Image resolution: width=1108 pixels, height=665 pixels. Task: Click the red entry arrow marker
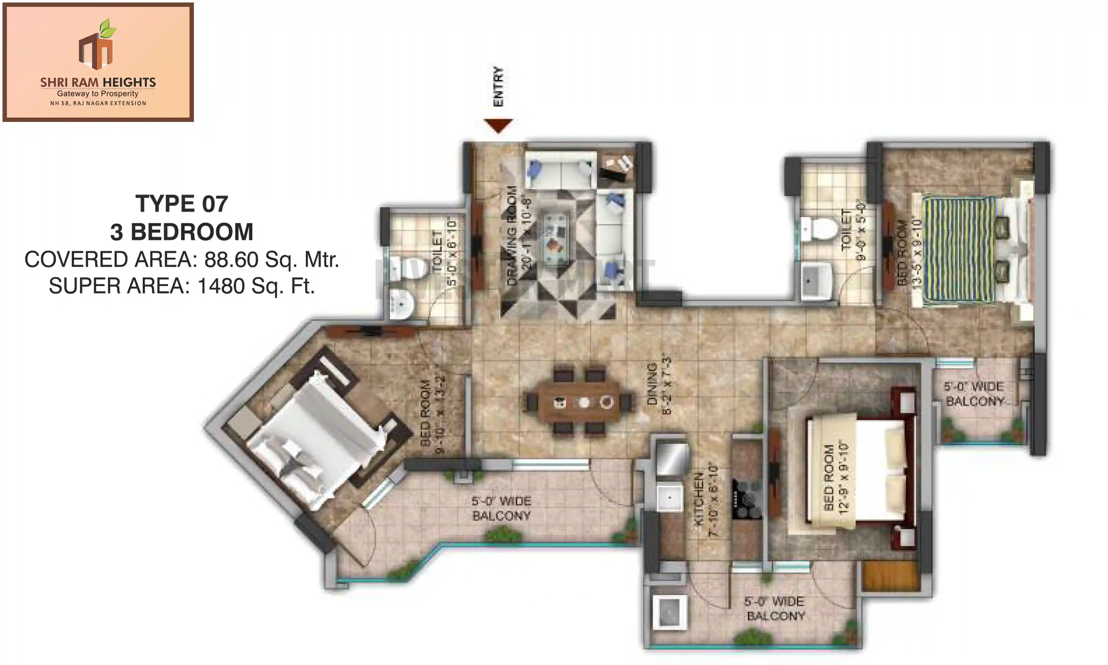[x=498, y=125]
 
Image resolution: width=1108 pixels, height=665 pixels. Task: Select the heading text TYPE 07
[x=182, y=204]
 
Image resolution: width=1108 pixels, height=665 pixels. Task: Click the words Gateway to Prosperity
[x=98, y=94]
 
